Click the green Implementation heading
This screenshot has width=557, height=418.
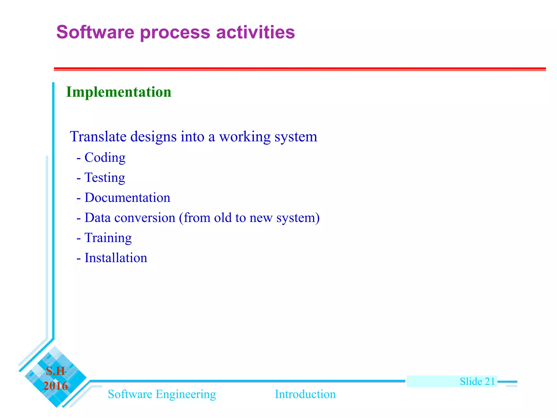[119, 92]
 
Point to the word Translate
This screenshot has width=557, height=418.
[98, 137]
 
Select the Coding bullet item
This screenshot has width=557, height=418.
[105, 158]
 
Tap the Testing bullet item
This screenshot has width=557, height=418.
[105, 178]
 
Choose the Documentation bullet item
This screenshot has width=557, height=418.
[127, 198]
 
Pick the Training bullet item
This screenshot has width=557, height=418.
[108, 238]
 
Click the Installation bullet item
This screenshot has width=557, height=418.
[116, 258]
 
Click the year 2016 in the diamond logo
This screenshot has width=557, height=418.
[55, 386]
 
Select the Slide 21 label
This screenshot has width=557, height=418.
[477, 382]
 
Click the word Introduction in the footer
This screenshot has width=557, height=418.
[305, 394]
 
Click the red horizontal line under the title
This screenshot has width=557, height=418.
[299, 69]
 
